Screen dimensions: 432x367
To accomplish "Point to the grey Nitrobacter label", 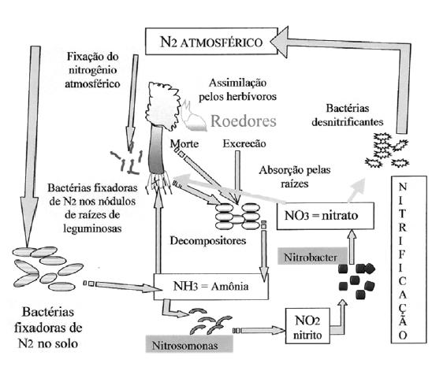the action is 312,257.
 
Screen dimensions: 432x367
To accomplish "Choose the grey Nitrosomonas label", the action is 189,344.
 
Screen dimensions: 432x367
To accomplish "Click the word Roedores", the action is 244,120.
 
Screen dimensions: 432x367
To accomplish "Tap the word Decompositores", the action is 208,241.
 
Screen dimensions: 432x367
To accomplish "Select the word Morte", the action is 184,143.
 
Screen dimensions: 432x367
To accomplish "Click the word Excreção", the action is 244,143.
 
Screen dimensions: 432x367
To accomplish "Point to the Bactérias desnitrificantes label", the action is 348,115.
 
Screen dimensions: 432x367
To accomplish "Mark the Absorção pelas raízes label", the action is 295,176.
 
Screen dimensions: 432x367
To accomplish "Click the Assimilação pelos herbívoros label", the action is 237,90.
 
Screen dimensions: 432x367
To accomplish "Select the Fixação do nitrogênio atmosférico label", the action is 92,70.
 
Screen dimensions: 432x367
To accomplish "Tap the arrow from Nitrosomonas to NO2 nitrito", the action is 259,330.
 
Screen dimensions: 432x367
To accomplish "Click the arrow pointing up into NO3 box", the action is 352,247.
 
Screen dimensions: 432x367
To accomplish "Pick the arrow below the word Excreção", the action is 237,176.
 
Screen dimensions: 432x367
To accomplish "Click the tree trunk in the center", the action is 156,149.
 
